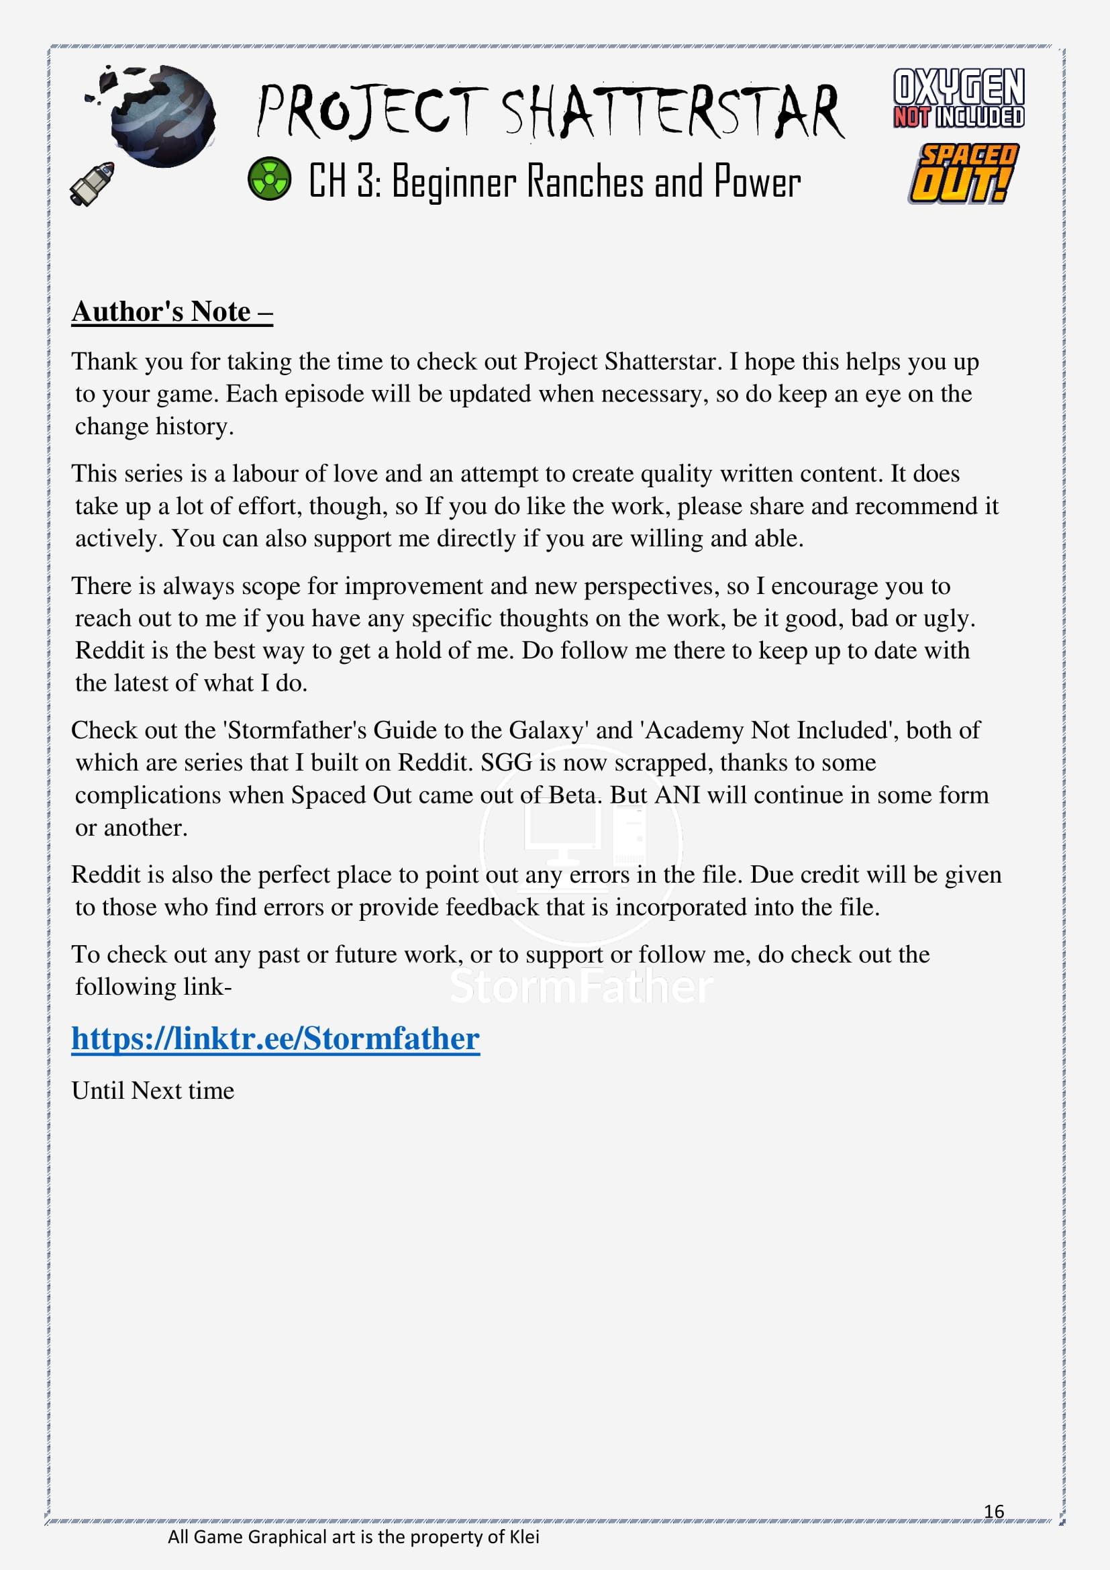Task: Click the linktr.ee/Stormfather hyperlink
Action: [x=275, y=1038]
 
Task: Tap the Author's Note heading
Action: [x=172, y=312]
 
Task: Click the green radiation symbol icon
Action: [x=268, y=179]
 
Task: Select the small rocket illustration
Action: [x=92, y=183]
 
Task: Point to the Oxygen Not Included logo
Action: [x=958, y=98]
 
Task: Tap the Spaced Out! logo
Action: [x=962, y=174]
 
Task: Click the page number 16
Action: [x=994, y=1511]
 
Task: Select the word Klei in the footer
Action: [x=524, y=1537]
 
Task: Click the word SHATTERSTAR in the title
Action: [x=673, y=111]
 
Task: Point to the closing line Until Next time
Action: [x=152, y=1091]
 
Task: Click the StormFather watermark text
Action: [x=581, y=987]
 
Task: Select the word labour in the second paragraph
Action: [x=263, y=474]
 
